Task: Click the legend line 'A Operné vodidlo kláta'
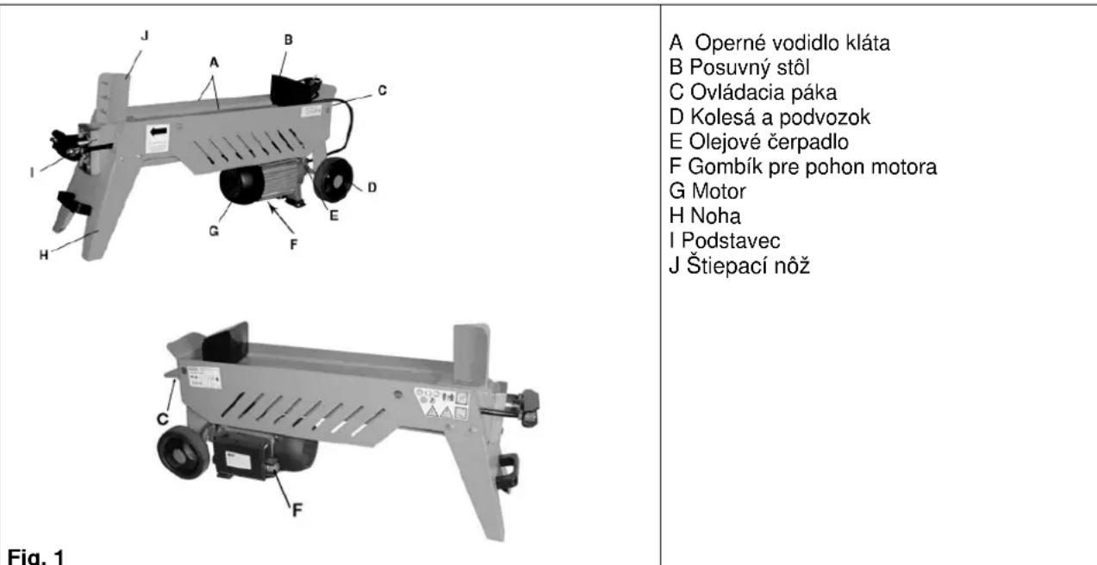coord(778,45)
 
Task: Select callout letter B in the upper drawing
coord(288,38)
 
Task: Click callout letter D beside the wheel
coord(371,186)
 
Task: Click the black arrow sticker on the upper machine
coord(157,134)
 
